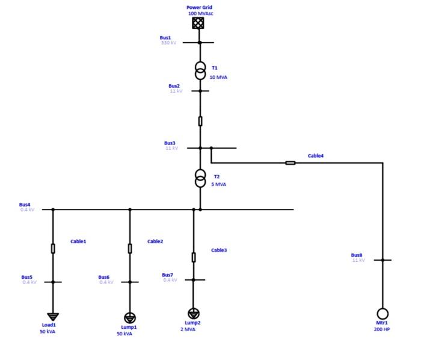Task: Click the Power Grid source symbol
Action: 198,23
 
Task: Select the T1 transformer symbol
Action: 200,71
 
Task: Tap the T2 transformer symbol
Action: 200,178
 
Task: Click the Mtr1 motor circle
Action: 382,314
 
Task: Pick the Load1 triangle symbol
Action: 53,316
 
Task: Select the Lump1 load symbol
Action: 130,317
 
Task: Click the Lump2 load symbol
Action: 193,313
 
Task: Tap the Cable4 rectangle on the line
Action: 290,163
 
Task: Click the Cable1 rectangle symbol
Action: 53,248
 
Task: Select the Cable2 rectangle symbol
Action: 130,248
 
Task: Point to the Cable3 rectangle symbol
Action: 193,257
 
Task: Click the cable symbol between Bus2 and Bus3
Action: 200,121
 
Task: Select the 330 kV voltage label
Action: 168,43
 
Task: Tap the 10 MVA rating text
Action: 218,77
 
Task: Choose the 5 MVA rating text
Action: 219,184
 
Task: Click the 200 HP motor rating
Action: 382,329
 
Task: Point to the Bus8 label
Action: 357,255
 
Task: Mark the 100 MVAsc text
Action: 200,13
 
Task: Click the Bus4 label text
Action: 25,204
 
